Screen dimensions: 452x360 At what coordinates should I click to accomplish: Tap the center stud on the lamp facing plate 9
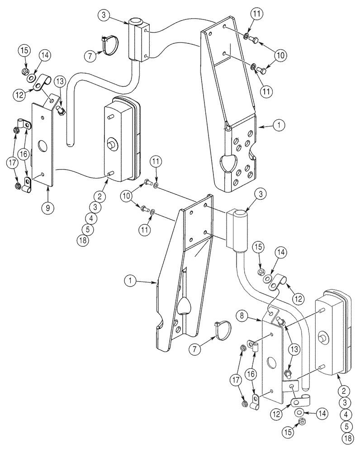click(x=110, y=145)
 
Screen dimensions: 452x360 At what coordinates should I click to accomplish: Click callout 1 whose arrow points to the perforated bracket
click(x=279, y=128)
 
